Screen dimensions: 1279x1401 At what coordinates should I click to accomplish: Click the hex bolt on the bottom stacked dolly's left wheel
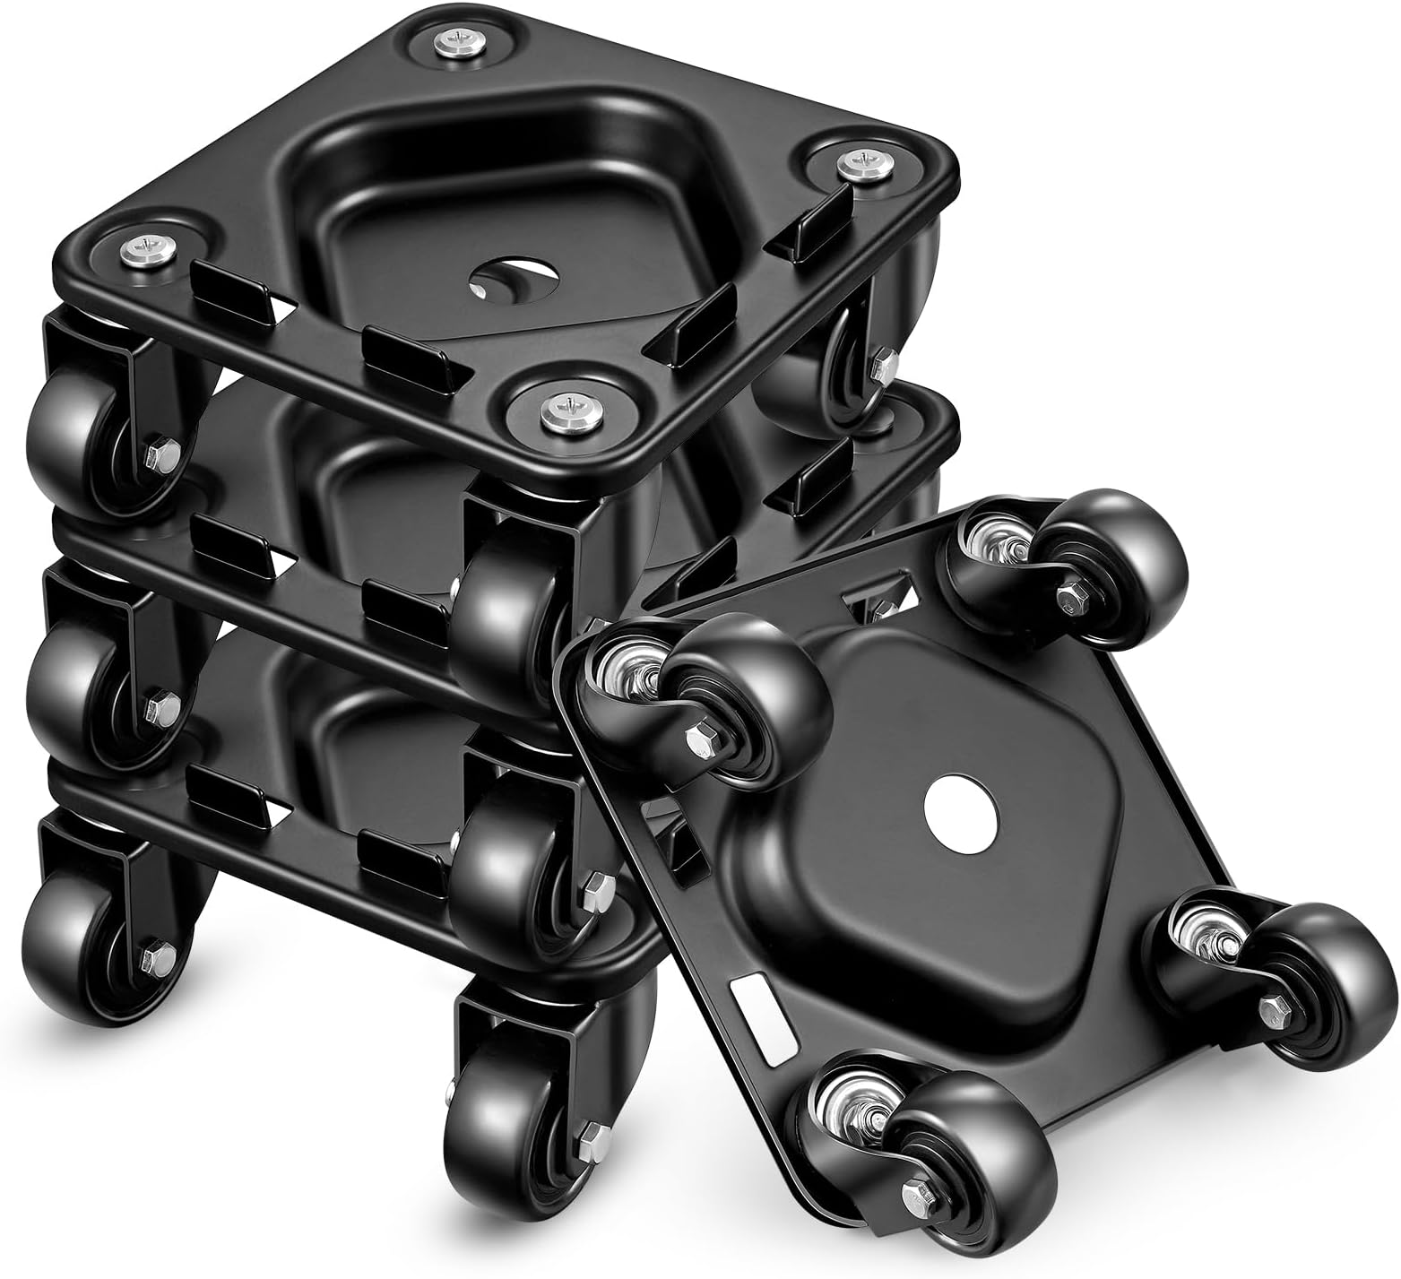[158, 954]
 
